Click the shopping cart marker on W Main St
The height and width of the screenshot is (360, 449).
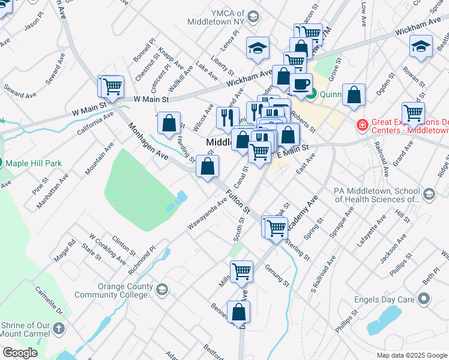(x=111, y=87)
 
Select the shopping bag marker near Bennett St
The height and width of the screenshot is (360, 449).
(x=238, y=312)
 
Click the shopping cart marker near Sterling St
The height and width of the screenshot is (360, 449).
(x=276, y=227)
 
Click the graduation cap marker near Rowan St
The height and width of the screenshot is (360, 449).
(x=420, y=47)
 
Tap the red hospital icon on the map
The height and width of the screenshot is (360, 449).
(x=362, y=125)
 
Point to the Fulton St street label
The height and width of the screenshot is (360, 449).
(x=238, y=201)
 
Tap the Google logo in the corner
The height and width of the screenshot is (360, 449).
(x=20, y=353)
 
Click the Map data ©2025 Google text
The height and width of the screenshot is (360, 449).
(x=412, y=355)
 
